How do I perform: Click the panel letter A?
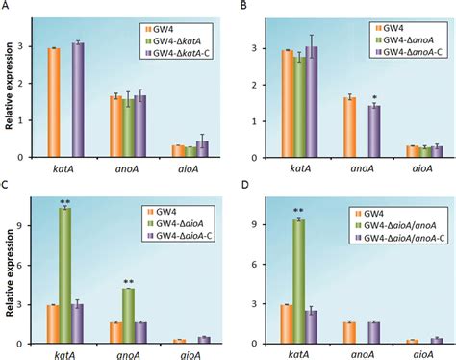(x=7, y=7)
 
